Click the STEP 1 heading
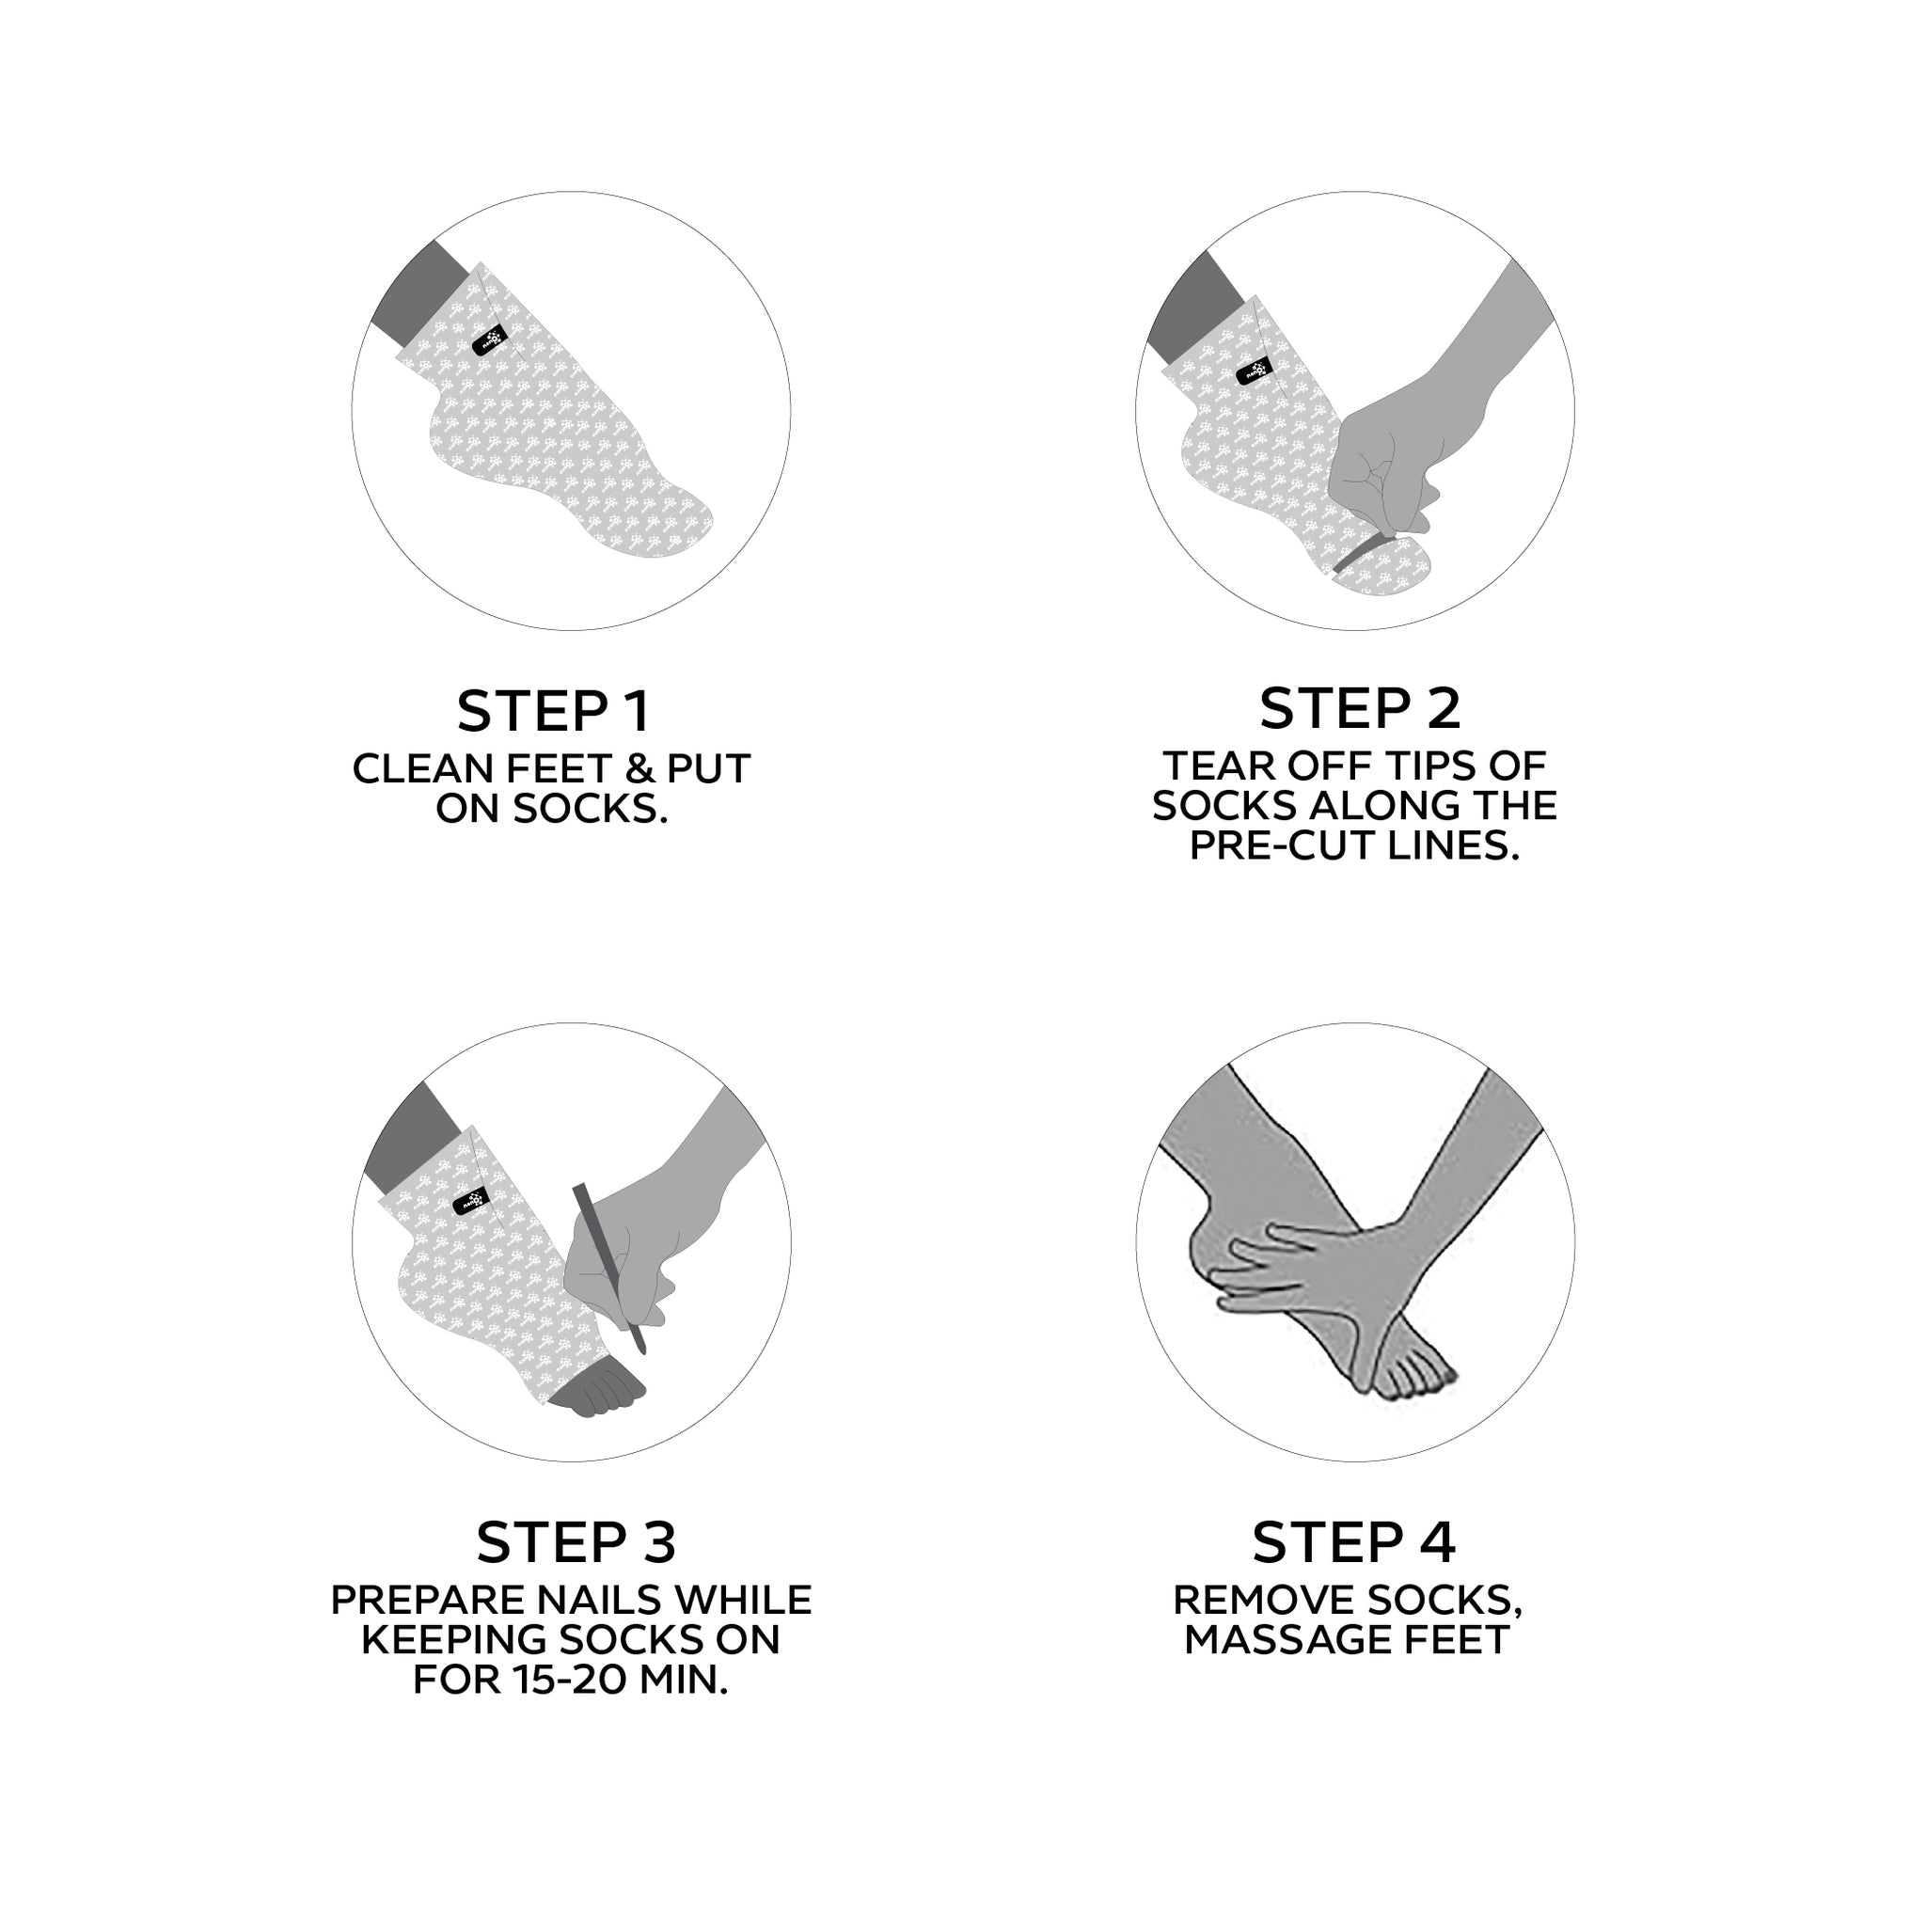tap(553, 711)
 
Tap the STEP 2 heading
tap(1360, 708)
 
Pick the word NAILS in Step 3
tap(601, 1600)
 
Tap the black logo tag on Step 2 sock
tap(1255, 371)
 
